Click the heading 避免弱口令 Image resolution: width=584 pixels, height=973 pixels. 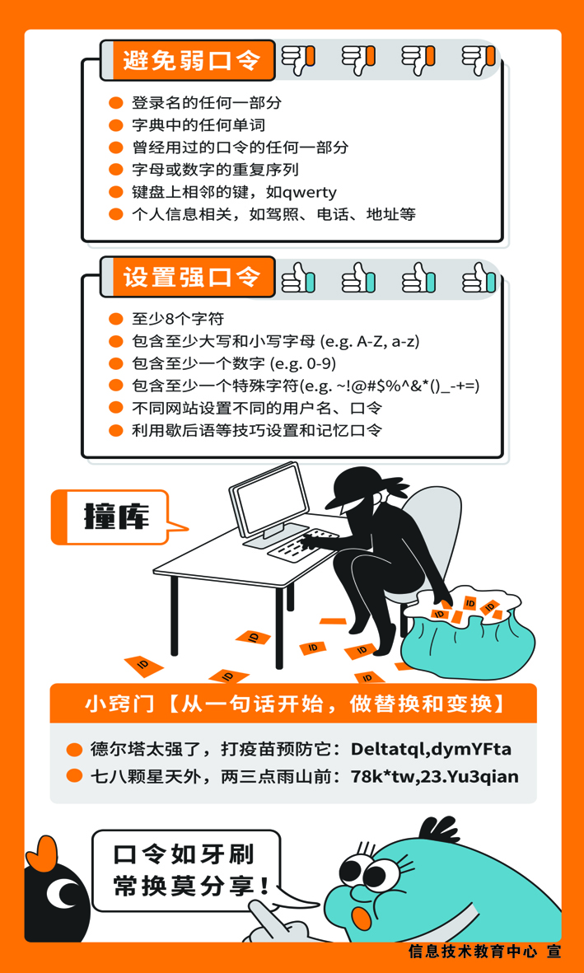(x=190, y=61)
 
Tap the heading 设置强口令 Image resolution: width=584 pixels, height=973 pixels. (x=190, y=277)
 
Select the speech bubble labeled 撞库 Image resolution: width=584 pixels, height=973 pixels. (x=117, y=517)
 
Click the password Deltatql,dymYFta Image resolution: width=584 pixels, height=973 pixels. (x=432, y=750)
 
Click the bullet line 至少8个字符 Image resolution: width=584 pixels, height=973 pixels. (x=177, y=320)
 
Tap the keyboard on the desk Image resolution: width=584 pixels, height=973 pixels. (x=304, y=542)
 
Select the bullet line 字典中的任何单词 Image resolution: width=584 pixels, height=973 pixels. (x=198, y=125)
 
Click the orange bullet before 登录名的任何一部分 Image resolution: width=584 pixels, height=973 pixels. (x=116, y=103)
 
